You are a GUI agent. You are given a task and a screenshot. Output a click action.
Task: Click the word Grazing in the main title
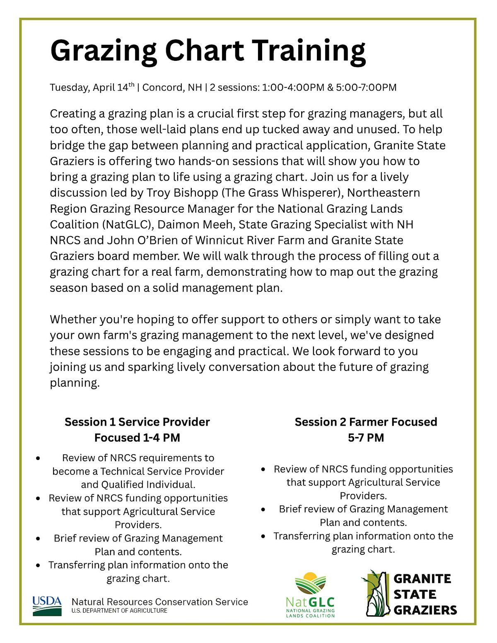pyautogui.click(x=104, y=51)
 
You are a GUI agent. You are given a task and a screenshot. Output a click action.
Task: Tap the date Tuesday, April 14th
pyautogui.click(x=92, y=87)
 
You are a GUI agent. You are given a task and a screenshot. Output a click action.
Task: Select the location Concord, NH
pyautogui.click(x=172, y=87)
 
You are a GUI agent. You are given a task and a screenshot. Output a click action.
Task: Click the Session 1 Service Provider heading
pyautogui.click(x=137, y=422)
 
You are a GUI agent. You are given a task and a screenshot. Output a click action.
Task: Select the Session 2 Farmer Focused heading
pyautogui.click(x=366, y=422)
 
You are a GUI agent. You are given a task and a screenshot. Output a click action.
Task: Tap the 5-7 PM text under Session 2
pyautogui.click(x=366, y=438)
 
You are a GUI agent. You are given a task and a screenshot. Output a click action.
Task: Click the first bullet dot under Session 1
pyautogui.click(x=39, y=458)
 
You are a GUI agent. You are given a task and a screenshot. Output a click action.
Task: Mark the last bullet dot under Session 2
pyautogui.click(x=263, y=536)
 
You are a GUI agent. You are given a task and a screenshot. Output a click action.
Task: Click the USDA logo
pyautogui.click(x=47, y=606)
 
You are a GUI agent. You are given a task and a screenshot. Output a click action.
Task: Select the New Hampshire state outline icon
pyautogui.click(x=377, y=593)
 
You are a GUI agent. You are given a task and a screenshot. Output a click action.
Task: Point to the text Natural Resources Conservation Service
pyautogui.click(x=160, y=602)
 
